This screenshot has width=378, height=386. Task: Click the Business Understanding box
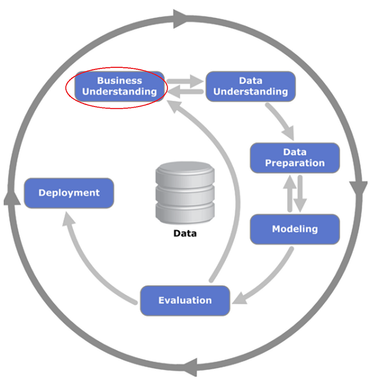(x=119, y=86)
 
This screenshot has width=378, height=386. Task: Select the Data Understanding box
(x=251, y=86)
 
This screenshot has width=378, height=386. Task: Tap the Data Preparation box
(x=295, y=158)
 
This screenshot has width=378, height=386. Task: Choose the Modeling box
(x=295, y=229)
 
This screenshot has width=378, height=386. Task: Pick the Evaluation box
(x=185, y=300)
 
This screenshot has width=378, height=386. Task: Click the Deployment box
(x=69, y=193)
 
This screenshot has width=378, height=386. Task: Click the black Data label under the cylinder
(x=185, y=233)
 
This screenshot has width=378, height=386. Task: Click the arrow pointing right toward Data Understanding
(x=186, y=81)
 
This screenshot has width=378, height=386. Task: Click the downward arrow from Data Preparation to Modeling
(x=301, y=193)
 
